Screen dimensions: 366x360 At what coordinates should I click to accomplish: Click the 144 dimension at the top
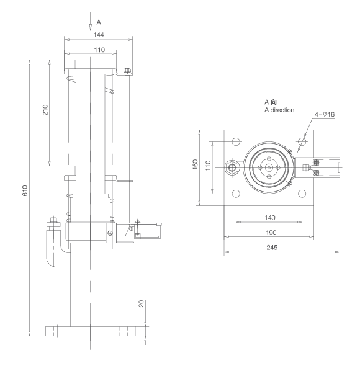pos(97,35)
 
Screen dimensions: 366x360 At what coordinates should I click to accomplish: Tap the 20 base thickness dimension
pos(141,305)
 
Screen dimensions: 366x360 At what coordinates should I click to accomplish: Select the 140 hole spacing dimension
pos(268,218)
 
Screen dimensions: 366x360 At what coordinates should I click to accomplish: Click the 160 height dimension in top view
pos(195,165)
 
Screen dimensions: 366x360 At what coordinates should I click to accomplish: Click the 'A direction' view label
pos(279,110)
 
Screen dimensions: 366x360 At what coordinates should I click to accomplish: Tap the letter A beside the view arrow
pos(99,22)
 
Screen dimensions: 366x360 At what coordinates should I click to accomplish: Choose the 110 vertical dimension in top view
pos(208,166)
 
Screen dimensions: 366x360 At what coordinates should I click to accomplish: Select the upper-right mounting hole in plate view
pos(301,141)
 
